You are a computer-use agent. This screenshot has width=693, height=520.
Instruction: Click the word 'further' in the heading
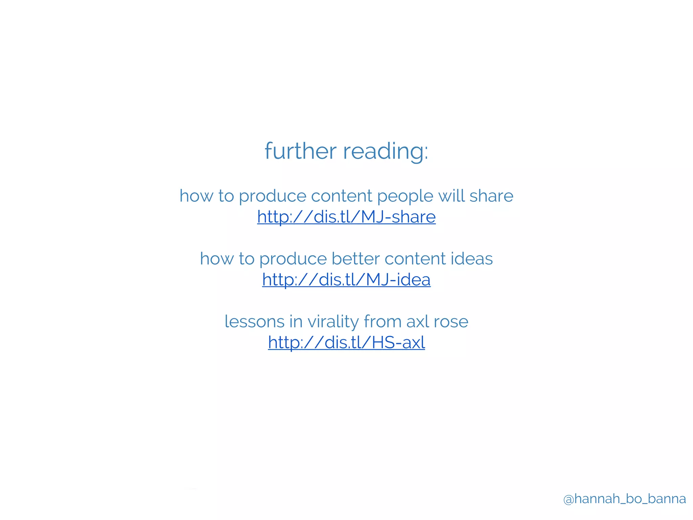[x=300, y=151]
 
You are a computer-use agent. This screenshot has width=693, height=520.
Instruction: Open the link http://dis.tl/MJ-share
[x=346, y=217]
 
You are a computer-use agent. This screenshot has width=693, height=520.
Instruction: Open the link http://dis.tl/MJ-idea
[x=346, y=280]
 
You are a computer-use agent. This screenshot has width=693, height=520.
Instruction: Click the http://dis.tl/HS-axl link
[x=346, y=343]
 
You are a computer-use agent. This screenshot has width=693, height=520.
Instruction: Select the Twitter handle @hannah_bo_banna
[x=624, y=499]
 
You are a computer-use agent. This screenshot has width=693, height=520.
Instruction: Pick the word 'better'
[x=355, y=259]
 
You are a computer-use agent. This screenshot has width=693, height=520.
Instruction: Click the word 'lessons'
[x=254, y=322]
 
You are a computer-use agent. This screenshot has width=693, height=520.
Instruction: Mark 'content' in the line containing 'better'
[x=415, y=259]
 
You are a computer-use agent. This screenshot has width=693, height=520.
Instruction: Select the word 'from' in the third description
[x=383, y=322]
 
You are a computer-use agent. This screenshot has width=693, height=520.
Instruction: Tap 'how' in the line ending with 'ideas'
[x=217, y=259]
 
